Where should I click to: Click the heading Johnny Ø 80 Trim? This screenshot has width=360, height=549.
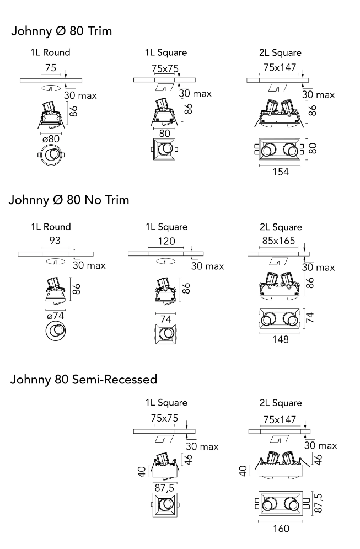click(x=62, y=31)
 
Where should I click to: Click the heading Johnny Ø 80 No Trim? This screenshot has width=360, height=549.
click(x=69, y=200)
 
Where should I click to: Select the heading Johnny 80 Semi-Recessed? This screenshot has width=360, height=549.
click(x=84, y=379)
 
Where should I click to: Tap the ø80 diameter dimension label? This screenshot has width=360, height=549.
click(x=51, y=139)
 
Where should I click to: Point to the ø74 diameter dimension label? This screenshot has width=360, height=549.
click(x=55, y=316)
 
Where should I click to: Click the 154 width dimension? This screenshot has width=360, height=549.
click(x=281, y=172)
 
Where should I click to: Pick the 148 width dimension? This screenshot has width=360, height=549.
click(x=281, y=339)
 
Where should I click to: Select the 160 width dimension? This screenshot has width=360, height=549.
click(x=281, y=529)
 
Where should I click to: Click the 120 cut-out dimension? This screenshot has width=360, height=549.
click(x=166, y=241)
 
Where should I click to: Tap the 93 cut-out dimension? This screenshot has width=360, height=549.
click(x=55, y=241)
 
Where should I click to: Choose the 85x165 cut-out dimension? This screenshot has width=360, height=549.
click(x=278, y=241)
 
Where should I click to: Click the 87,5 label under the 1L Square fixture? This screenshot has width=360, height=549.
click(x=164, y=488)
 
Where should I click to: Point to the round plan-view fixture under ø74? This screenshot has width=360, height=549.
click(x=55, y=331)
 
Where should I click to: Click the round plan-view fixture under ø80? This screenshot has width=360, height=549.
click(x=51, y=154)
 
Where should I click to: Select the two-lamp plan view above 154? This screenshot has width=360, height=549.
click(x=278, y=150)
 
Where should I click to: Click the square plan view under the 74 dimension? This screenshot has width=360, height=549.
click(x=166, y=334)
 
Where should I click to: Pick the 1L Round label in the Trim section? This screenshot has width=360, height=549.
click(x=50, y=52)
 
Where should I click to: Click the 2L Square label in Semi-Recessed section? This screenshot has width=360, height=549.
click(x=281, y=403)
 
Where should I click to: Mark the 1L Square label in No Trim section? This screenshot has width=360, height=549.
click(x=166, y=227)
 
